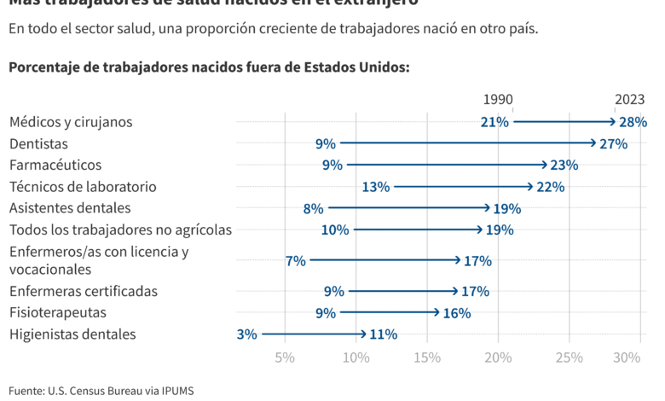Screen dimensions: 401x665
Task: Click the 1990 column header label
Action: point(498,100)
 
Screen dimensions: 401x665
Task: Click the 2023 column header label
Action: point(628,100)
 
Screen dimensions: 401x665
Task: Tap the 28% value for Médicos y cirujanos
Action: point(633,122)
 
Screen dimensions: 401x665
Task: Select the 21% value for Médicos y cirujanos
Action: point(494,122)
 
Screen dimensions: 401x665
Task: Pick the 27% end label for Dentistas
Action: point(613,144)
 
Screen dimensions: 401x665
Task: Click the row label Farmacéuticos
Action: point(55,165)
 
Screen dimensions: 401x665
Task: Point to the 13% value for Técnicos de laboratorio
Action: point(376,187)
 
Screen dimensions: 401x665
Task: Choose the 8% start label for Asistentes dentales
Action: point(313,208)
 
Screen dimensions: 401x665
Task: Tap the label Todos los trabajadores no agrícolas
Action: point(120,230)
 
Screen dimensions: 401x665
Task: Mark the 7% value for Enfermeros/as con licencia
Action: point(296,261)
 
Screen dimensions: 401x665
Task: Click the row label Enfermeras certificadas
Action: point(84,291)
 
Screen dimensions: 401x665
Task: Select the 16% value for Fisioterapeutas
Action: point(457,313)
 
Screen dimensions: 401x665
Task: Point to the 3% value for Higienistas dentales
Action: point(246,334)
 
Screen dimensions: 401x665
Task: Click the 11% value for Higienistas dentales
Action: point(383,334)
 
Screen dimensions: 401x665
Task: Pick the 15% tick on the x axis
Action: point(427,357)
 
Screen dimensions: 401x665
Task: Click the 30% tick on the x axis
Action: point(627,357)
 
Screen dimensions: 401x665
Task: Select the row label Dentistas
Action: point(38,144)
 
